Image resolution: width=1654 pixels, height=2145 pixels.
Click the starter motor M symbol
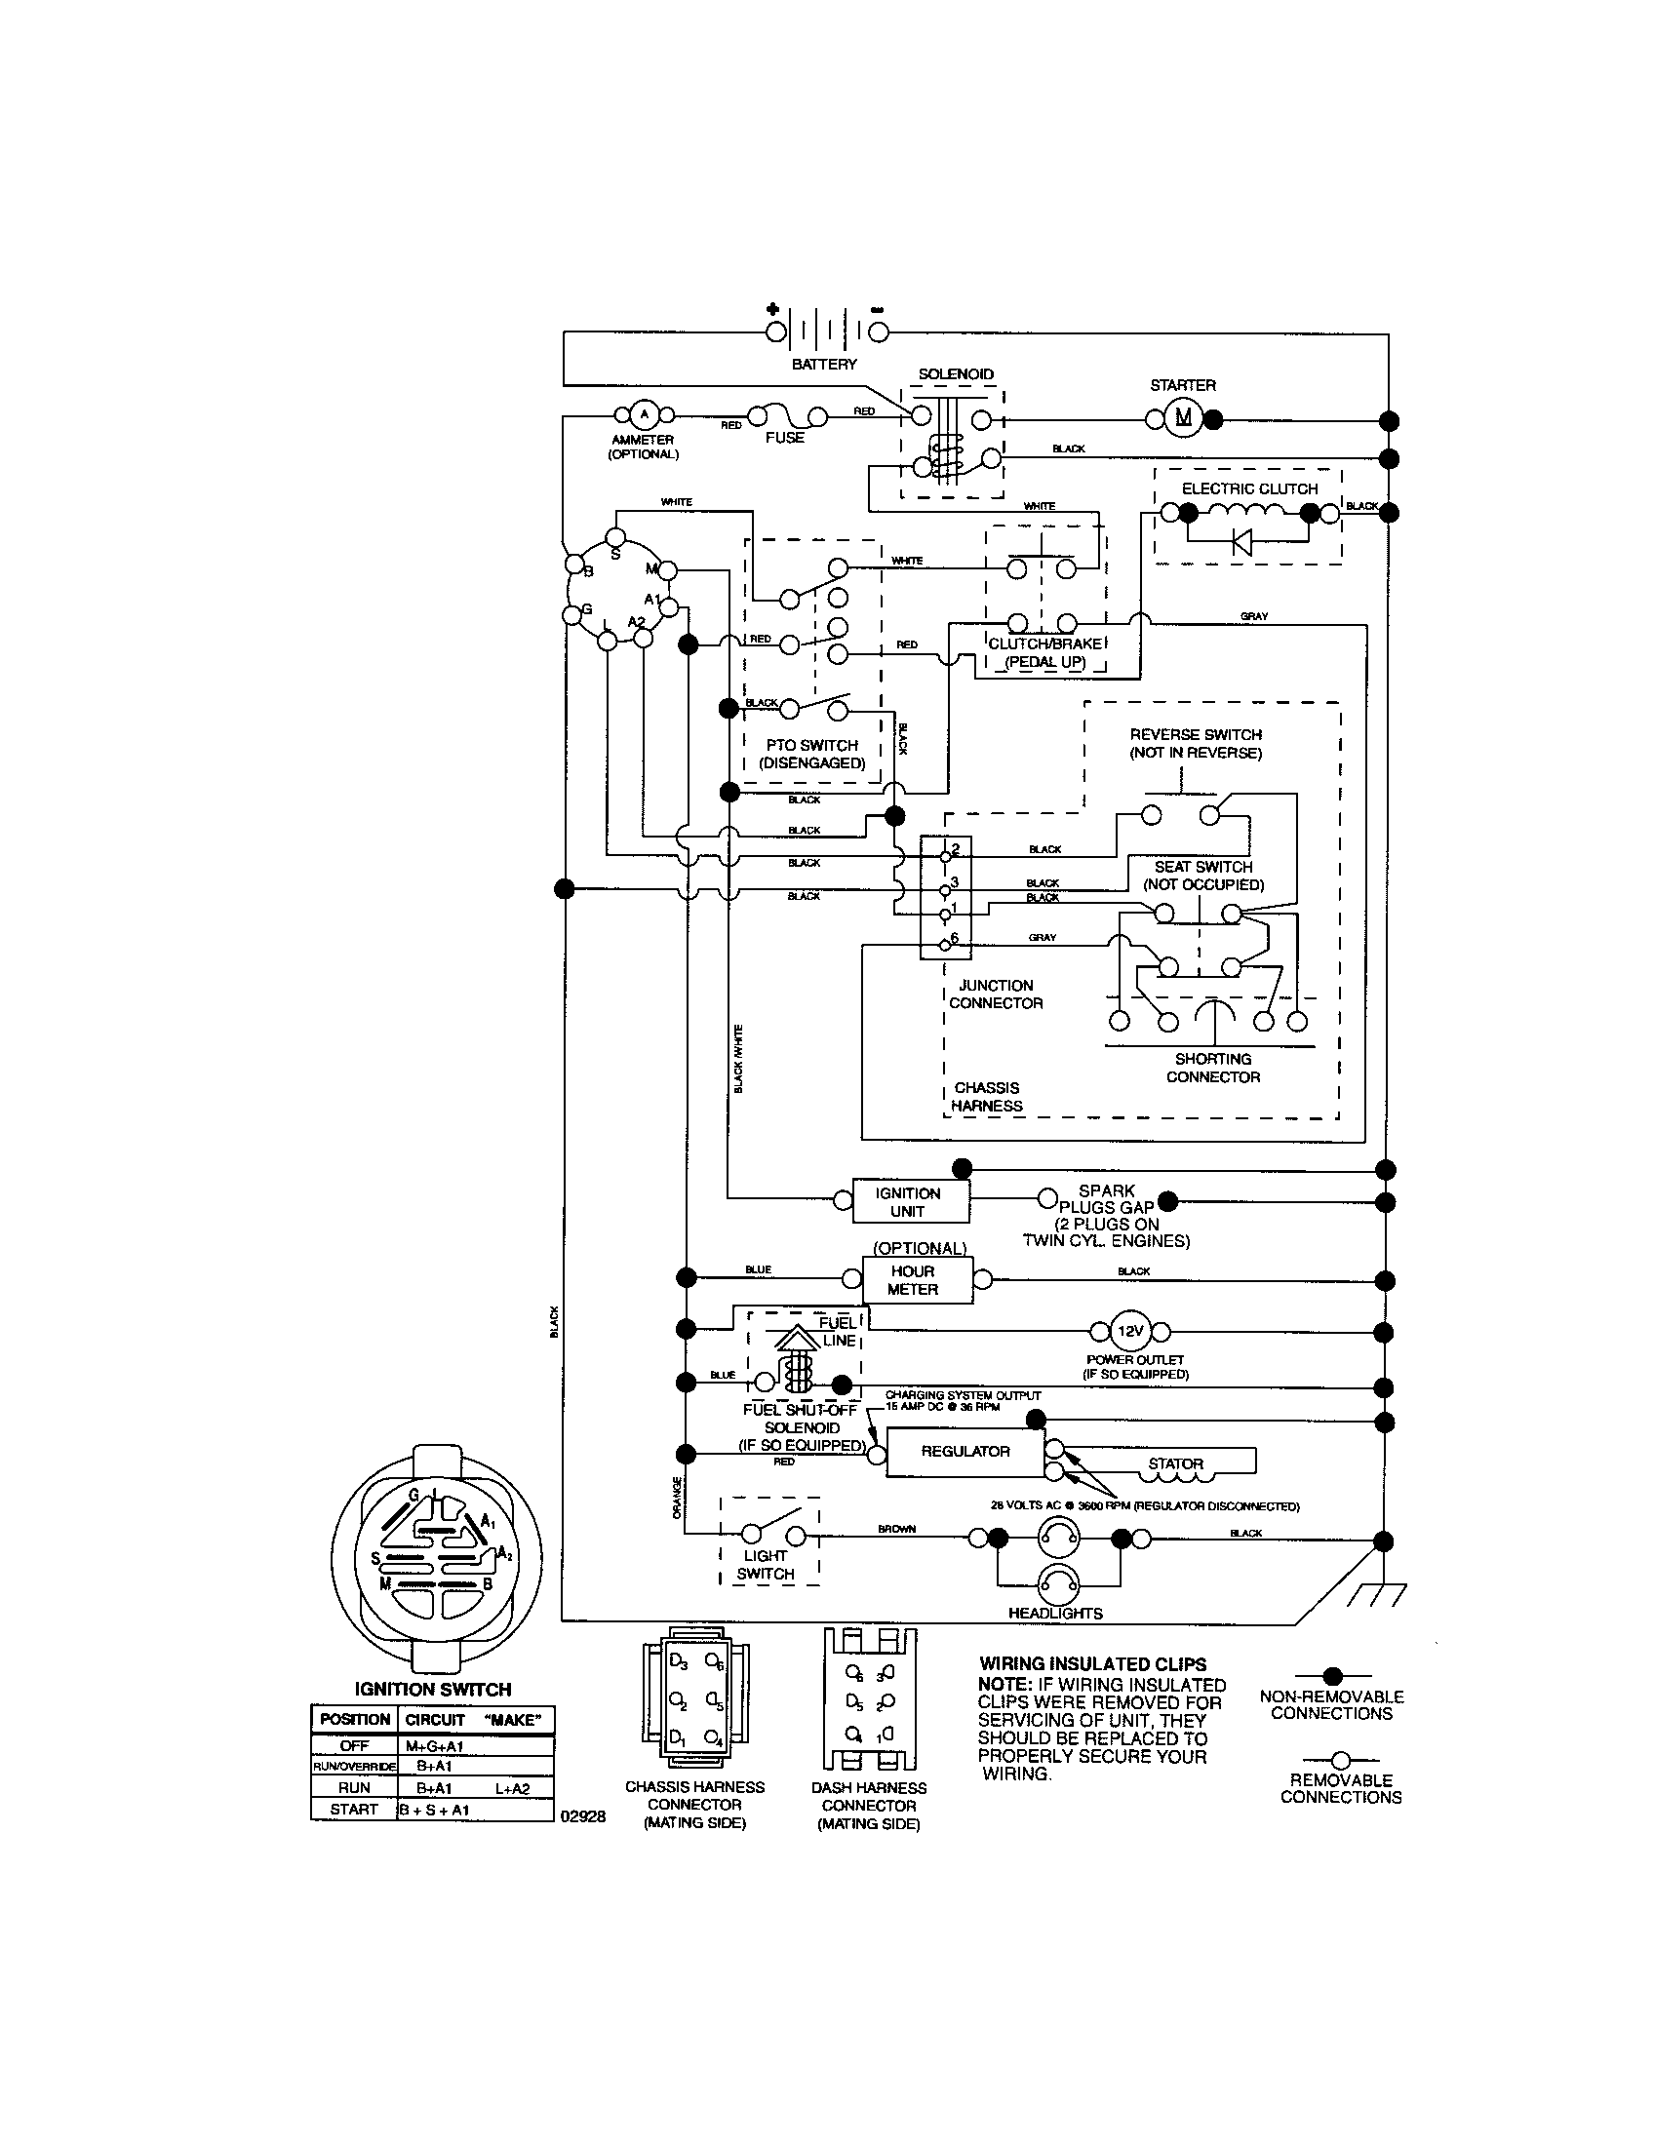[x=1184, y=418]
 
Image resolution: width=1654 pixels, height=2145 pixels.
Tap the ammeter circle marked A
[x=644, y=413]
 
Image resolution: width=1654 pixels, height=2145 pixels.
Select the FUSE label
[x=784, y=438]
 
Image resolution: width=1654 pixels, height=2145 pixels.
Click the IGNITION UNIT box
[x=909, y=1201]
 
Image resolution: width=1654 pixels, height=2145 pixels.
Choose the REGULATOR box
[x=965, y=1451]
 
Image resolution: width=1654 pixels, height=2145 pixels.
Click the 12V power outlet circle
[x=1130, y=1332]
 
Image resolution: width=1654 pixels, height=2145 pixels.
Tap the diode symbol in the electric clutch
[x=1242, y=540]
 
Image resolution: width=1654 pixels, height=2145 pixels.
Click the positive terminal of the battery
[x=774, y=331]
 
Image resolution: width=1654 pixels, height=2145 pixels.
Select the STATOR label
[x=1176, y=1463]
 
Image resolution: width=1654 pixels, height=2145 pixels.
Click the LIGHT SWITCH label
[x=766, y=1565]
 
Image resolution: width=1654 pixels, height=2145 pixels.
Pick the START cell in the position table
[x=355, y=1809]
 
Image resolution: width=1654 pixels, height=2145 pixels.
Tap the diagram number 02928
[x=582, y=1816]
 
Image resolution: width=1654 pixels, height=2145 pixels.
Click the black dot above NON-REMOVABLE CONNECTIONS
[x=1333, y=1675]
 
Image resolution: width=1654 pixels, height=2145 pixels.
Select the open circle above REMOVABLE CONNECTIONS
[x=1340, y=1760]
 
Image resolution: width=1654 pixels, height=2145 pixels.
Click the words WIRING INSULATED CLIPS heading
[x=1092, y=1663]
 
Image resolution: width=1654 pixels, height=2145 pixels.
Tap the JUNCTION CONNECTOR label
[x=995, y=994]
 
